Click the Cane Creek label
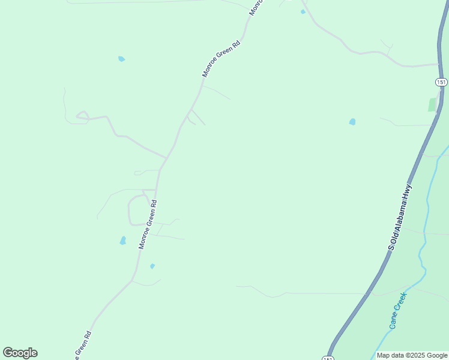pyautogui.click(x=397, y=310)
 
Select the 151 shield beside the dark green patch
pyautogui.click(x=441, y=82)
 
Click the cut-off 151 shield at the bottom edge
pyautogui.click(x=327, y=358)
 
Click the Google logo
pyautogui.click(x=20, y=353)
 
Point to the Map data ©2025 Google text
pyautogui.click(x=412, y=355)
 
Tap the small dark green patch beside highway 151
pyautogui.click(x=432, y=104)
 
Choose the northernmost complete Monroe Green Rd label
pyautogui.click(x=221, y=59)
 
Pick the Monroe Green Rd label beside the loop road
pyautogui.click(x=148, y=224)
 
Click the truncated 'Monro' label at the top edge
pyautogui.click(x=256, y=8)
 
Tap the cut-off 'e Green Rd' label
pyautogui.click(x=83, y=346)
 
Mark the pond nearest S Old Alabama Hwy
pyautogui.click(x=352, y=122)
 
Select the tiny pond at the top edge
pyautogui.click(x=303, y=11)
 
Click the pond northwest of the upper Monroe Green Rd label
pyautogui.click(x=121, y=59)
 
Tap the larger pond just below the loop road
pyautogui.click(x=123, y=241)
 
